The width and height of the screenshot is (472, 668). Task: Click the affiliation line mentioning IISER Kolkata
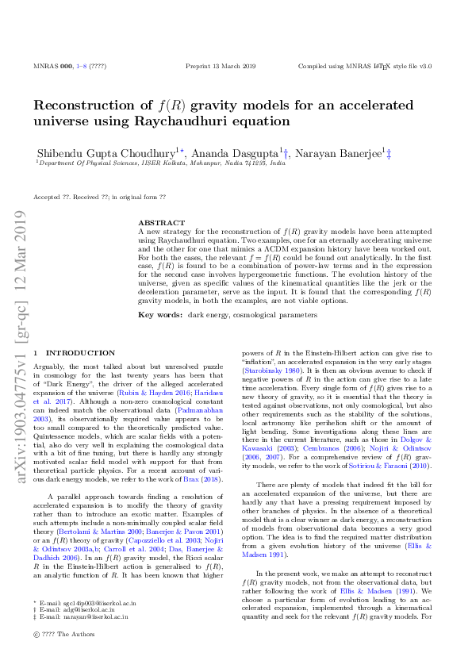tap(151, 162)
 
